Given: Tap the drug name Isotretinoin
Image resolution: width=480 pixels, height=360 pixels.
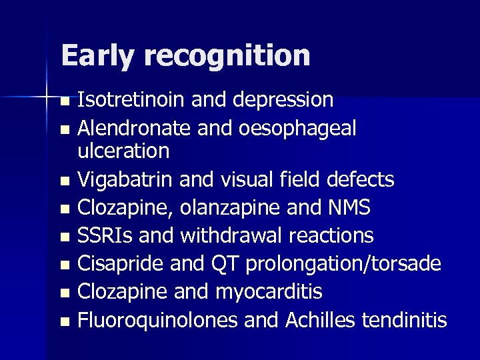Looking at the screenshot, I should click(x=131, y=99).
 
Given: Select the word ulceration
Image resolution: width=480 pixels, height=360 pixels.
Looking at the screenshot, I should click(x=123, y=151).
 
